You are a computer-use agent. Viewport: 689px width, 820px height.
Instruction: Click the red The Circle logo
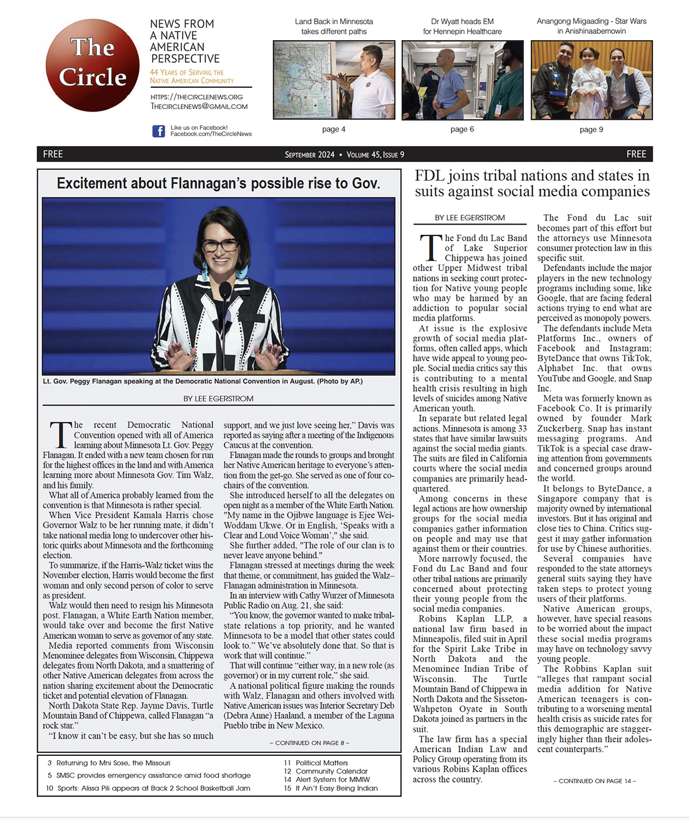92,65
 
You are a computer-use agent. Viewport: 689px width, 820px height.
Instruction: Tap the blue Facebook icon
158,131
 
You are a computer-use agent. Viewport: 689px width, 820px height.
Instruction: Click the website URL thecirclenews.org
196,97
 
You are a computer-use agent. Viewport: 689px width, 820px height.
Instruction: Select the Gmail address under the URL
199,106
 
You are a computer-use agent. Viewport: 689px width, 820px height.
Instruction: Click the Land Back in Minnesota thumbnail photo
334,80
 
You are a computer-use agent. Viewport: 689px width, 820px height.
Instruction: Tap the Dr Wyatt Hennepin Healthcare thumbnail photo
462,80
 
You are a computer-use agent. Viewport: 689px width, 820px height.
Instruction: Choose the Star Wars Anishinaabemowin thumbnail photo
591,80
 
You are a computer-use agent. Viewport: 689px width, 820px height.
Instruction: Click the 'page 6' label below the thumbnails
462,129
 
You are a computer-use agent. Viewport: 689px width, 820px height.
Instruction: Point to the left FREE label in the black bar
53,154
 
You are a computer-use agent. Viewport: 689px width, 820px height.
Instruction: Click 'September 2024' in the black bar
309,154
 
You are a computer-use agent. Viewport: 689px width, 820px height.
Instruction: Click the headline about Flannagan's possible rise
218,183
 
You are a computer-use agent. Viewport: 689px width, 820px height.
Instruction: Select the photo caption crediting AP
203,381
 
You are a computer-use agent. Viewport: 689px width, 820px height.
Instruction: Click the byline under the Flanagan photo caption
218,399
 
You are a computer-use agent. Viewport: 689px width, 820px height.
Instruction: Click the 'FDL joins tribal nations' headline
532,183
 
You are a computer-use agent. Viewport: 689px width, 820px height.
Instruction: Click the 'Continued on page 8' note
309,742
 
